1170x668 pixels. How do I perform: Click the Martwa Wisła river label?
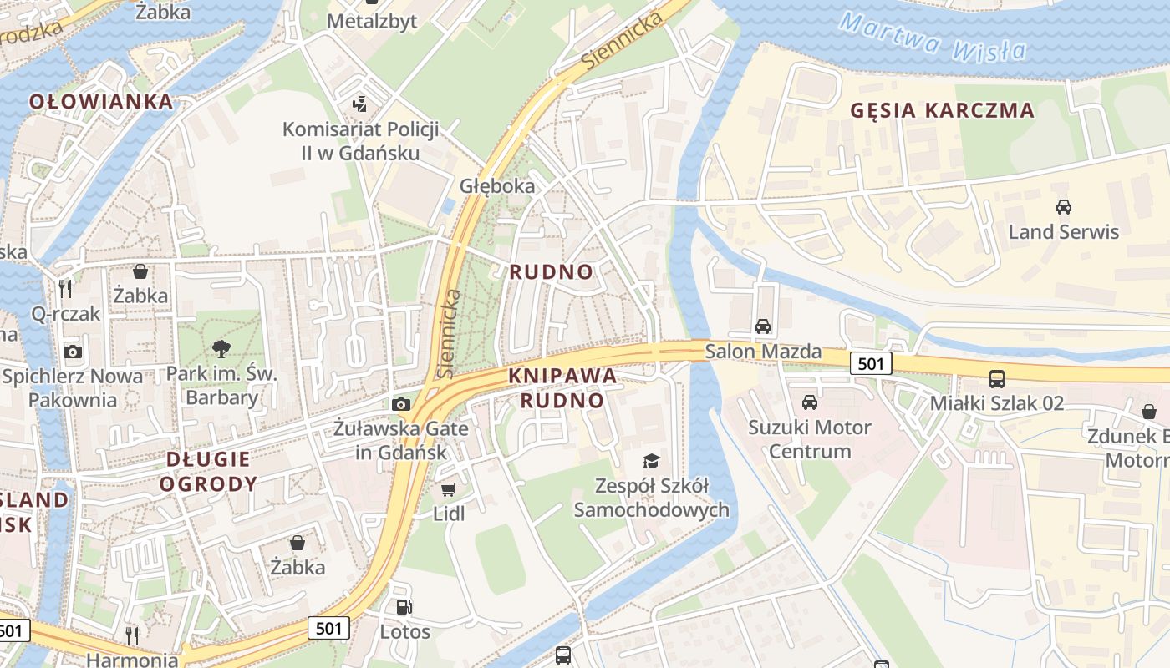[x=933, y=38]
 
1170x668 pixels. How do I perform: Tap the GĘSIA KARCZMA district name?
[x=942, y=110]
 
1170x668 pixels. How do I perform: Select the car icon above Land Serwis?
[x=1063, y=207]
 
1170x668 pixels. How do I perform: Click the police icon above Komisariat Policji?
[x=360, y=104]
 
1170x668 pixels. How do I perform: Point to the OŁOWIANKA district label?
[x=101, y=102]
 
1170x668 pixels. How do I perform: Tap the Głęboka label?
[x=497, y=185]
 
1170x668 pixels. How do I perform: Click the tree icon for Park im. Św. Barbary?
[x=221, y=348]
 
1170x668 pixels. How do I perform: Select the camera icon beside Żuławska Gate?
[x=401, y=405]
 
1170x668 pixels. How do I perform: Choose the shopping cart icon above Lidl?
[x=449, y=489]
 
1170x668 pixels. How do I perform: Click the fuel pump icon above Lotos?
[x=404, y=607]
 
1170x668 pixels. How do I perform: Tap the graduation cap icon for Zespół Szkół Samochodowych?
[x=651, y=461]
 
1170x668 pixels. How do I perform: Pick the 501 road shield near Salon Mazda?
[x=871, y=363]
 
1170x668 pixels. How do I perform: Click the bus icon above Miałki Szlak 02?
[x=997, y=378]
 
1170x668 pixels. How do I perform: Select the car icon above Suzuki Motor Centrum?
[x=809, y=402]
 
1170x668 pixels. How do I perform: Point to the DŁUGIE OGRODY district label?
[x=208, y=471]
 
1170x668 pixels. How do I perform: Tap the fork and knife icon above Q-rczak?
[x=65, y=289]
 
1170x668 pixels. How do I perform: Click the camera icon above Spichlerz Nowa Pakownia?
[x=73, y=352]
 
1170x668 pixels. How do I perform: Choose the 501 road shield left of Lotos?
[x=328, y=627]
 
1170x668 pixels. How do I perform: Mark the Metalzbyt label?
[x=372, y=21]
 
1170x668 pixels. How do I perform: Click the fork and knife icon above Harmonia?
[x=132, y=635]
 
